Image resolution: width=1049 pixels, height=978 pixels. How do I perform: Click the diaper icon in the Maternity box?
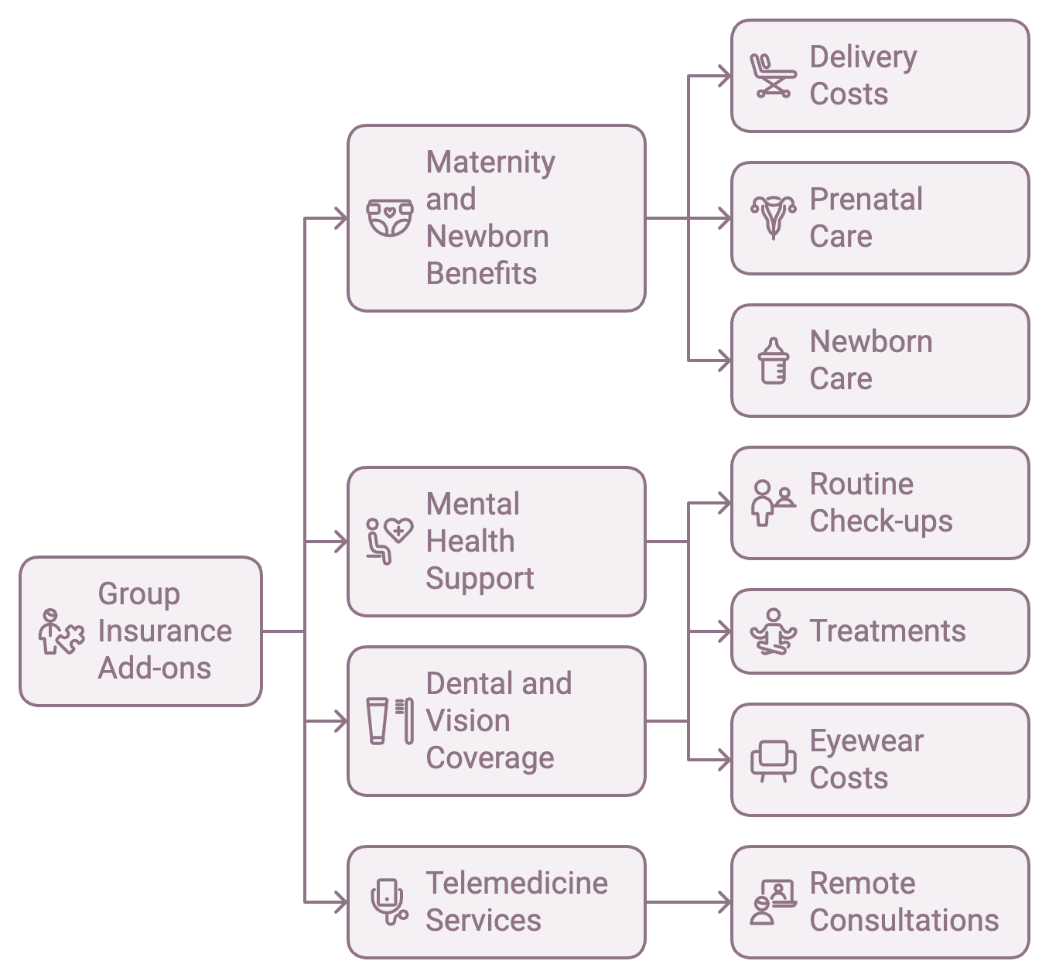click(389, 218)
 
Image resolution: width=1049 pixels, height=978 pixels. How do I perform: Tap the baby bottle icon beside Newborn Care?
click(773, 361)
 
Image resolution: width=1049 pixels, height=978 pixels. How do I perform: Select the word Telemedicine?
click(517, 883)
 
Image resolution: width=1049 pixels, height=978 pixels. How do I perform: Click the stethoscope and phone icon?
click(389, 901)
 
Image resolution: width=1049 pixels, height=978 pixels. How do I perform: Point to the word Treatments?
click(887, 631)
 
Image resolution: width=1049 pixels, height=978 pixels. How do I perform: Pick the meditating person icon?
click(773, 631)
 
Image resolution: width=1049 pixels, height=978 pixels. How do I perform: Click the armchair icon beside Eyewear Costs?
click(773, 760)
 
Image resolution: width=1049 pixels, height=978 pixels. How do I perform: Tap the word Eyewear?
click(866, 740)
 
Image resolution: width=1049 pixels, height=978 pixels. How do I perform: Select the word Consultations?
click(904, 920)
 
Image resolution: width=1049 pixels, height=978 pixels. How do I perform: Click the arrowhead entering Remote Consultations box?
click(725, 901)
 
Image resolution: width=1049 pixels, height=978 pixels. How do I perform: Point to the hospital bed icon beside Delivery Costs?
click(773, 76)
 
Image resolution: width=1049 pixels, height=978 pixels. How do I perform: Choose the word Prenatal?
click(866, 199)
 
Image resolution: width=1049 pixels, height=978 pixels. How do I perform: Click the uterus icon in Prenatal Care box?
click(773, 218)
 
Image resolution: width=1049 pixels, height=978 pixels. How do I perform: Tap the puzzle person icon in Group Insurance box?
click(61, 631)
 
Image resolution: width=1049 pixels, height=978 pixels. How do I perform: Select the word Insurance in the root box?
click(165, 631)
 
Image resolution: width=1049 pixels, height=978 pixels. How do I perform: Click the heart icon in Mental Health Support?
click(399, 530)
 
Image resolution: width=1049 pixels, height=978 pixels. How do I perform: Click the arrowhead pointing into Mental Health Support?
click(340, 542)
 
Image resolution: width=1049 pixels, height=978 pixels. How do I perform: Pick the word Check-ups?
click(881, 521)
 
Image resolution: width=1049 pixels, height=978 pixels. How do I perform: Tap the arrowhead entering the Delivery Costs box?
click(725, 76)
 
